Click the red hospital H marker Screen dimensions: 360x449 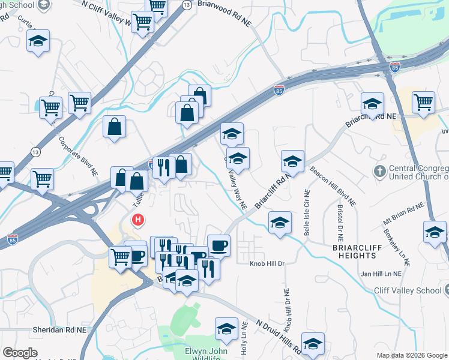pyautogui.click(x=139, y=220)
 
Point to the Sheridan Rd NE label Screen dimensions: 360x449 pyautogui.click(x=26, y=329)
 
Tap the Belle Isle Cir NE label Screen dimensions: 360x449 pyautogui.click(x=306, y=213)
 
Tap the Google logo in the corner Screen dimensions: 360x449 pyautogui.click(x=20, y=353)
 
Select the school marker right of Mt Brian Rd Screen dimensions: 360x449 pyautogui.click(x=435, y=232)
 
